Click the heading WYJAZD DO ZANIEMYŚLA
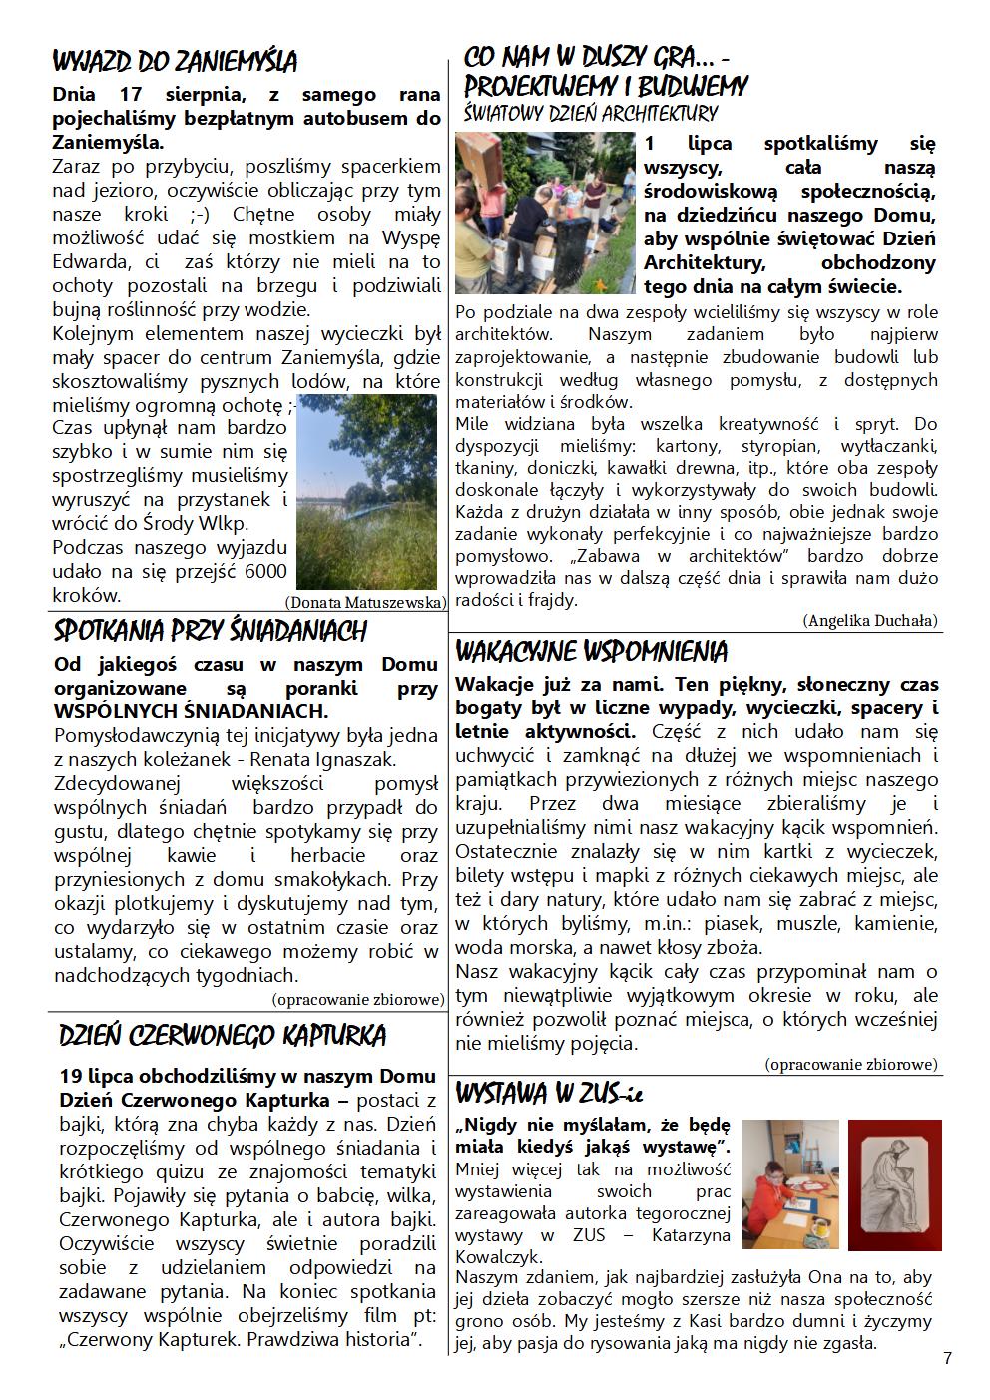point(175,62)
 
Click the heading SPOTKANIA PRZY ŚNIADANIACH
point(210,631)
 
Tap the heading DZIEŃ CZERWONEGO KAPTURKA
point(222,1035)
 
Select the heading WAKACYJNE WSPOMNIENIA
point(591,652)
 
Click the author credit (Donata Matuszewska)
point(365,602)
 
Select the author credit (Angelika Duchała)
point(869,620)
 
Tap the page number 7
point(946,1358)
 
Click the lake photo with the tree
point(366,491)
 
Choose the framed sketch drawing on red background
point(894,1183)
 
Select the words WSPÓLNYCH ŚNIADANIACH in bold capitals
point(191,711)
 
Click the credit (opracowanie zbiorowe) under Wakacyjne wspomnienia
point(852,1064)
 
